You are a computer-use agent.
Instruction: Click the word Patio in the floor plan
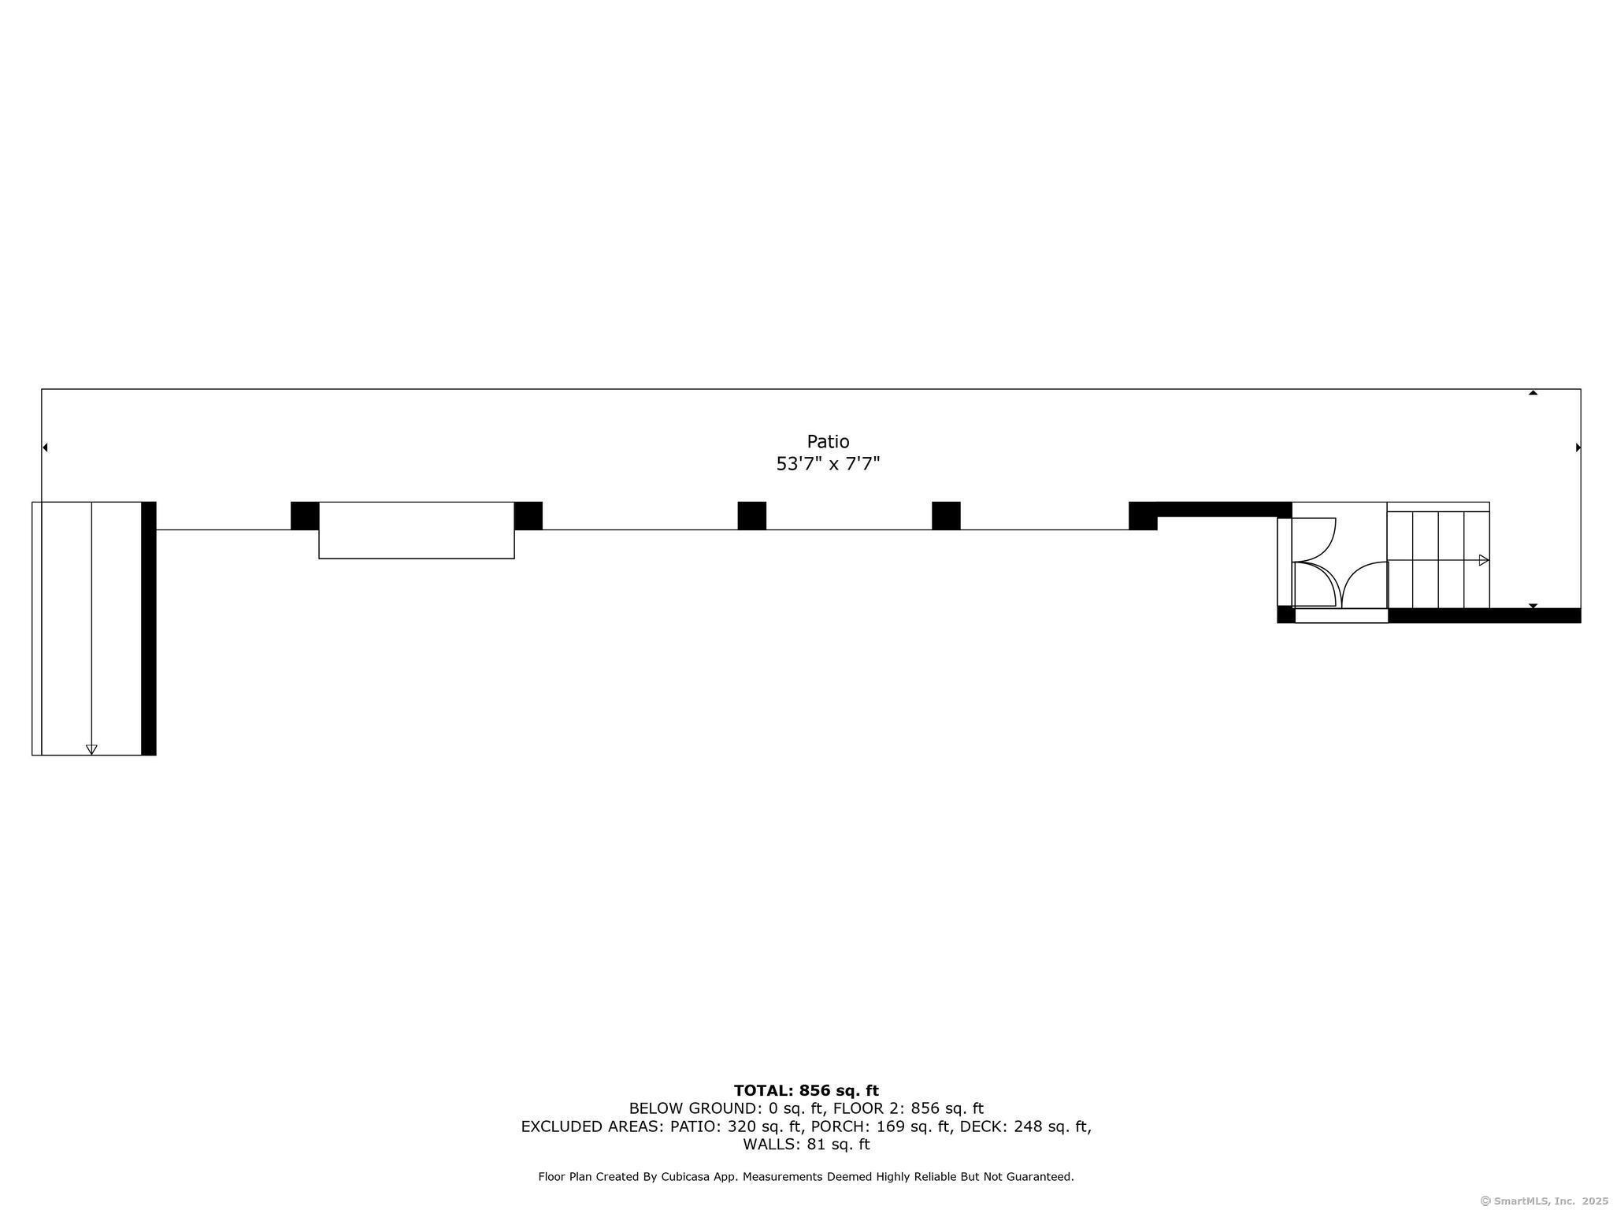(x=828, y=441)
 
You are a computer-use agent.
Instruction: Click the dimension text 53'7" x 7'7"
(x=828, y=463)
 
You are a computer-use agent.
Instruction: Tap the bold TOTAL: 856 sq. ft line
(x=806, y=1090)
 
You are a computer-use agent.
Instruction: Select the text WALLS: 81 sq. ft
(x=806, y=1144)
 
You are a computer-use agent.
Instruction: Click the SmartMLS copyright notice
(x=1544, y=1201)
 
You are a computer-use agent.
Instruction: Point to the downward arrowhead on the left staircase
(x=91, y=749)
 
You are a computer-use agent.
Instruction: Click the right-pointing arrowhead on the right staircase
(x=1484, y=560)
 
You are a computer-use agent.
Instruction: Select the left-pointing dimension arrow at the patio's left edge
(x=45, y=447)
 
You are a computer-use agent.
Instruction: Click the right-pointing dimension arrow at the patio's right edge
(x=1578, y=447)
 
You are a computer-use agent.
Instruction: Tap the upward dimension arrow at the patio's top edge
(x=1533, y=392)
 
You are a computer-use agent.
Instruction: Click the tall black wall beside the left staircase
(x=148, y=628)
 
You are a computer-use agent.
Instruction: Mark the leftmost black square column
(x=305, y=516)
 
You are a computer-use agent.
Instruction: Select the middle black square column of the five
(x=751, y=516)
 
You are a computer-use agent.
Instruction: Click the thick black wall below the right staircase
(x=1484, y=615)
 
